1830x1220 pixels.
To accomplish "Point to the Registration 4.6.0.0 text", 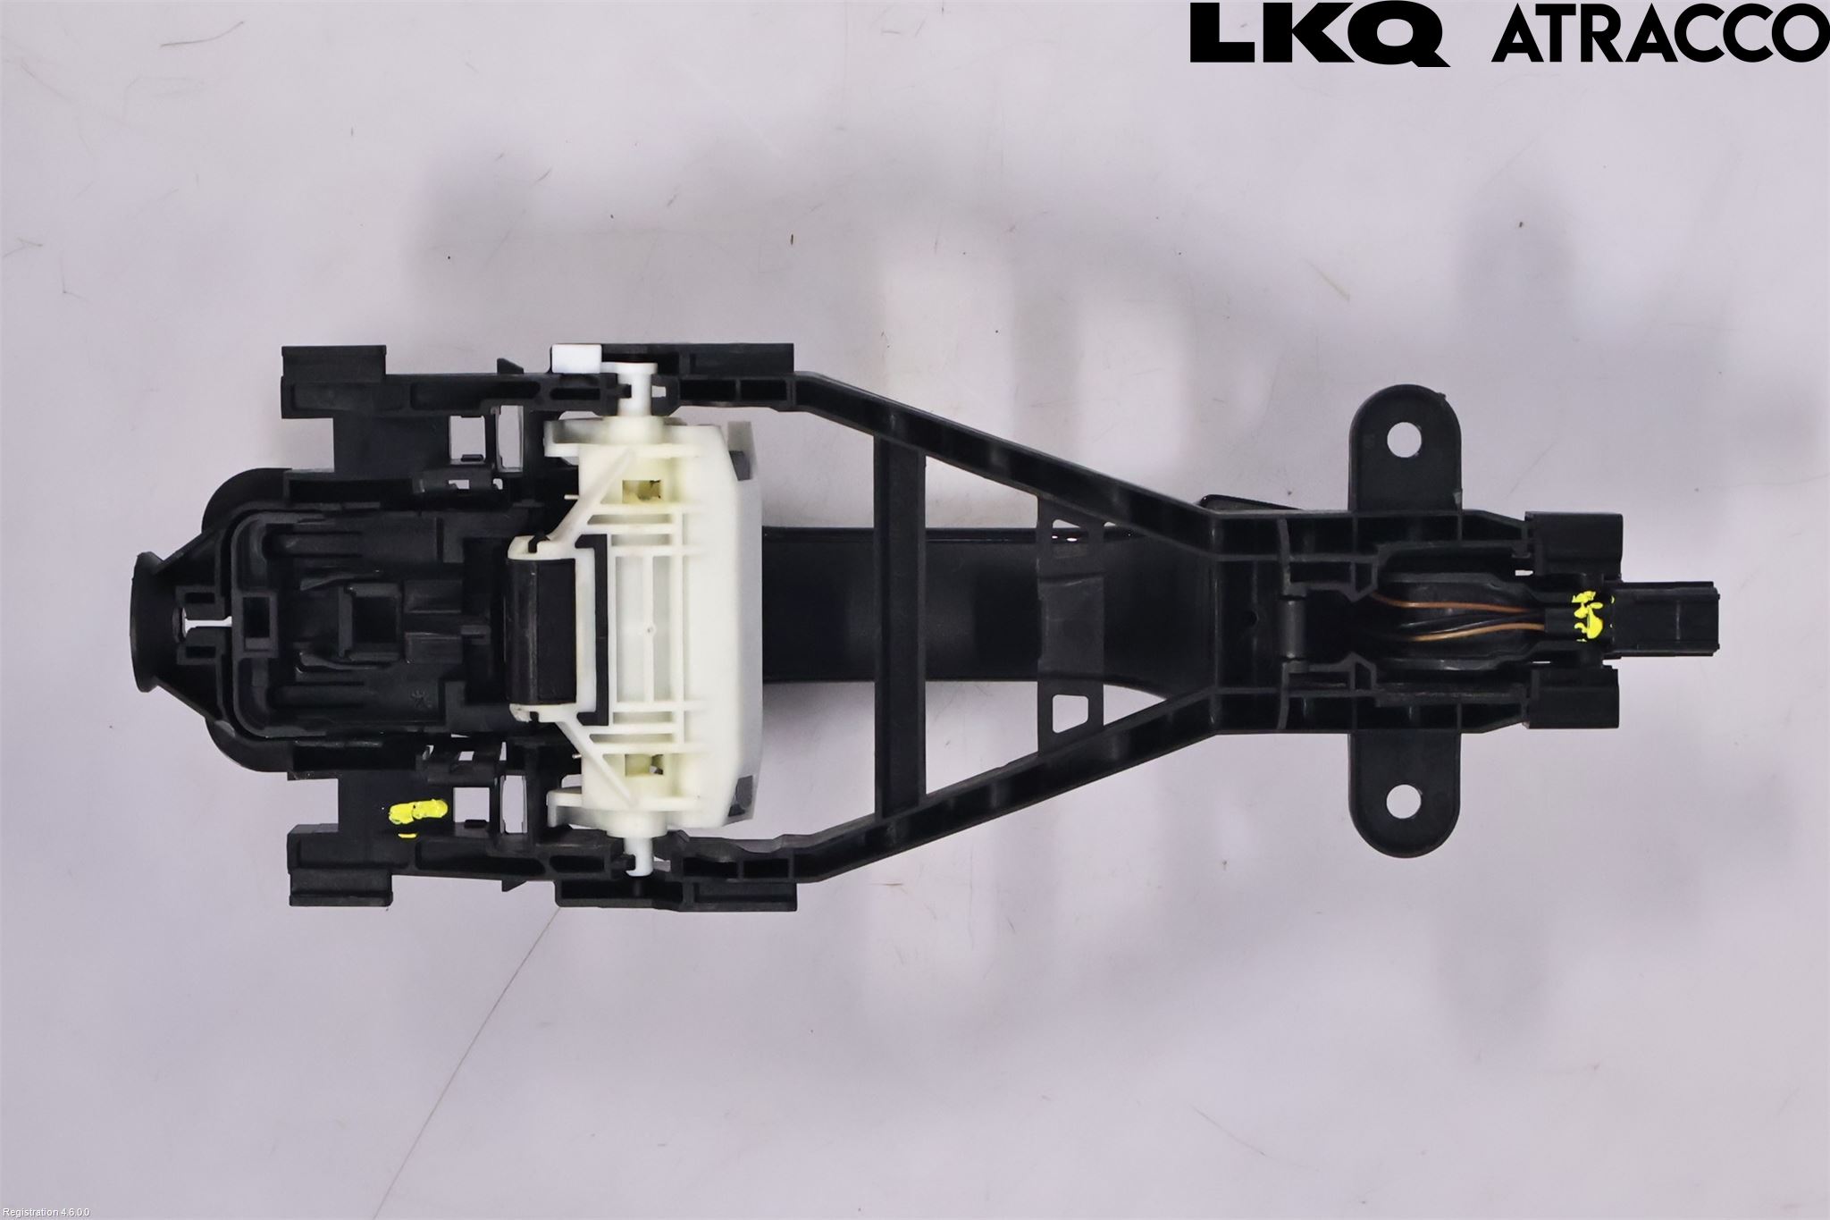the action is click(46, 1212).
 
